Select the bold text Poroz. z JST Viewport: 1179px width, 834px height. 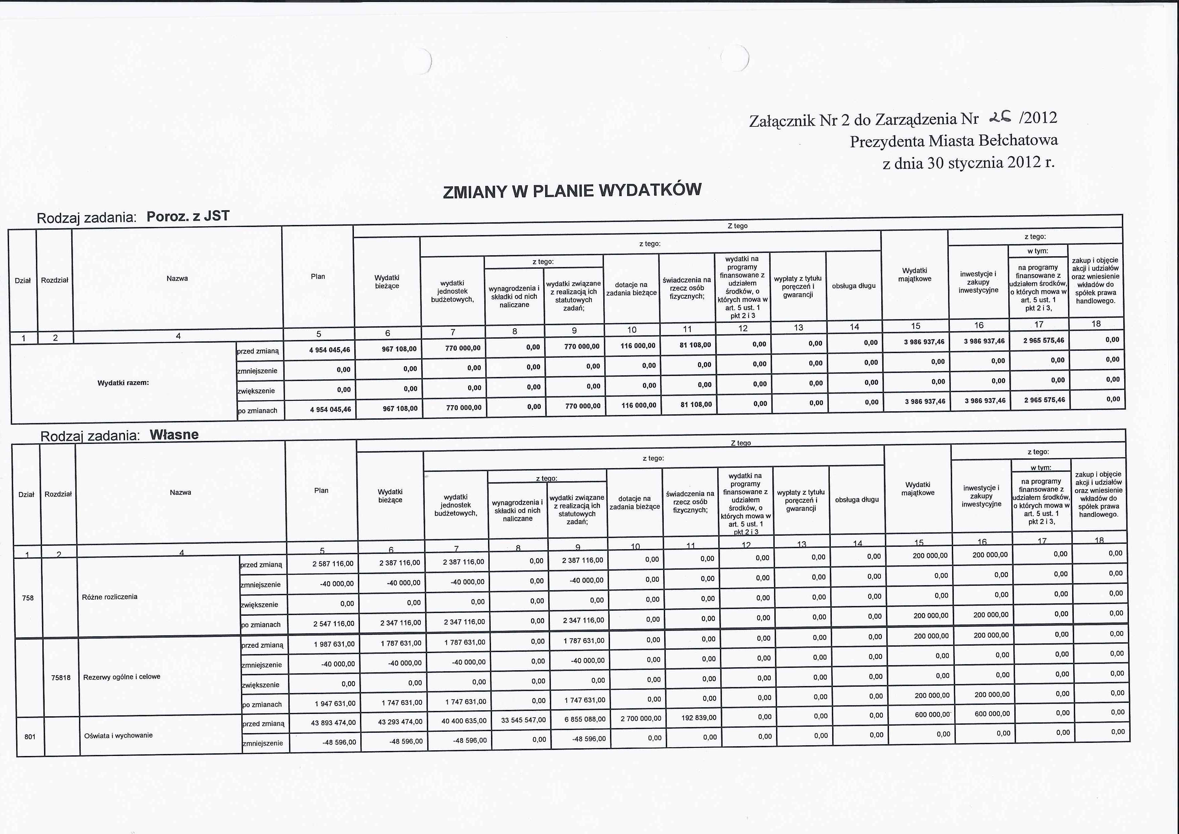click(x=188, y=216)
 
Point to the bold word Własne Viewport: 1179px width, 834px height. click(x=174, y=435)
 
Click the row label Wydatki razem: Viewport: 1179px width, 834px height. click(x=123, y=383)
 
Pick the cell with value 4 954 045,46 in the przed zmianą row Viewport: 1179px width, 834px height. click(x=330, y=350)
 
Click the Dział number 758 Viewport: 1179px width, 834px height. click(x=28, y=598)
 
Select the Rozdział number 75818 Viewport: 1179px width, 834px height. click(x=60, y=678)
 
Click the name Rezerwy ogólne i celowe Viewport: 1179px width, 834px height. click(x=122, y=677)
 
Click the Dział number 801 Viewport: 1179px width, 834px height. click(x=30, y=737)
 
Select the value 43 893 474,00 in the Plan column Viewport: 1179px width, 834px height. click(x=333, y=722)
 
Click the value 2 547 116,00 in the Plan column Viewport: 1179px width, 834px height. click(x=334, y=624)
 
